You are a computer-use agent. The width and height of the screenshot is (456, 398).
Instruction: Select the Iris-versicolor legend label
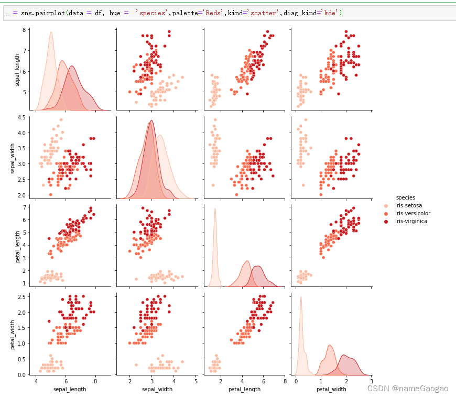click(413, 214)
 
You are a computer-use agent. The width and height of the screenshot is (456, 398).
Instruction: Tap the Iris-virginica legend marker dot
click(386, 222)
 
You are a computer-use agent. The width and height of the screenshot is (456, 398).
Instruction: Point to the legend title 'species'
click(406, 197)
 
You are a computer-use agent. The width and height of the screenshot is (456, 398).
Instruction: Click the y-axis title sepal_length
click(18, 70)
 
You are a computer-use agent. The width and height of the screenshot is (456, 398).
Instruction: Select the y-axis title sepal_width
click(18, 157)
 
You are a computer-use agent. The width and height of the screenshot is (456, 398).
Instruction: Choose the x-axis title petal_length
click(243, 391)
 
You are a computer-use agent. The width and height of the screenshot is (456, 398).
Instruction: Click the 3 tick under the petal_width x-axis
click(371, 382)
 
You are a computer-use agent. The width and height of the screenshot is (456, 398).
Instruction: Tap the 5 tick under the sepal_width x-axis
click(196, 382)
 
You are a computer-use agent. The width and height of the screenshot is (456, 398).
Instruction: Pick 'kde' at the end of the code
click(330, 13)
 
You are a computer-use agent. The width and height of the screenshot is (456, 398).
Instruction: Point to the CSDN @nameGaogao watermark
click(407, 388)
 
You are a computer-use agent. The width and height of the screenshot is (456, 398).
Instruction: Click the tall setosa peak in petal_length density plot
click(215, 209)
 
